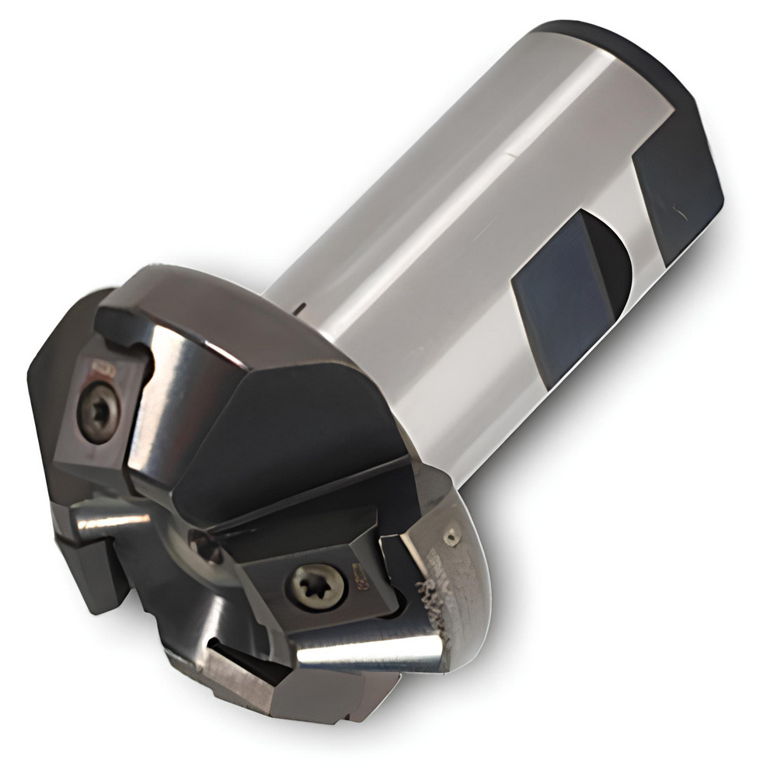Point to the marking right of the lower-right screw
tap(360, 577)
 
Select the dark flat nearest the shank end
tap(676, 186)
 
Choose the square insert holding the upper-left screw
tap(97, 412)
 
